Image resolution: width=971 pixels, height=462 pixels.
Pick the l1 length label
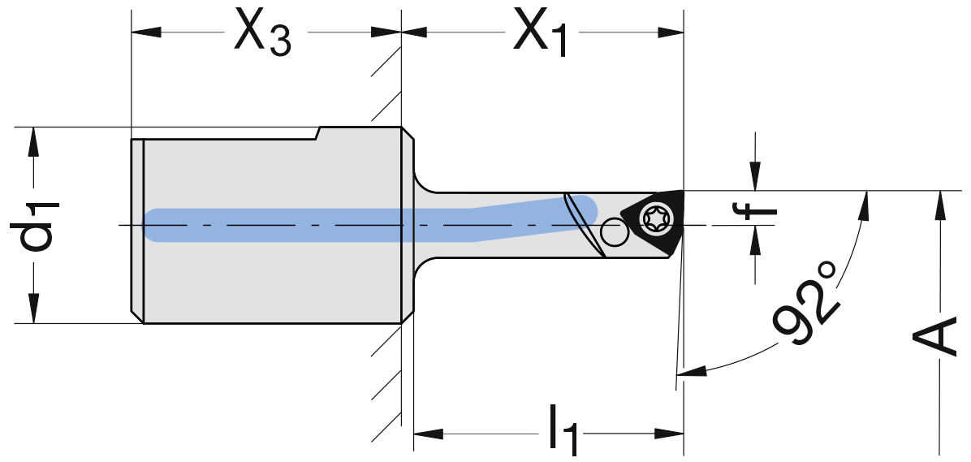click(562, 431)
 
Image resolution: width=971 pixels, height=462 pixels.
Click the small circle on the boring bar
click(614, 235)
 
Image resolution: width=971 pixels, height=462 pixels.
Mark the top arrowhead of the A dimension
click(939, 205)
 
